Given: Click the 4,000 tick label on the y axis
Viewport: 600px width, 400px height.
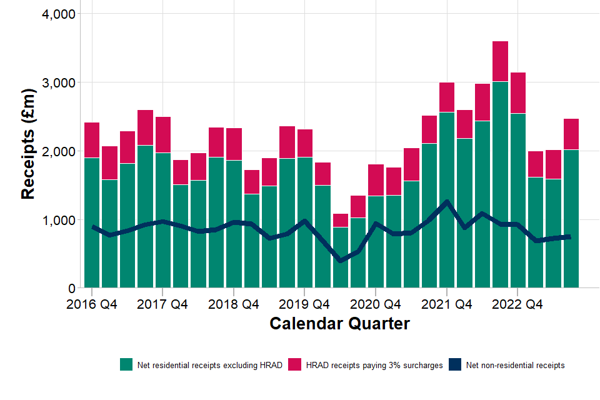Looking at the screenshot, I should pyautogui.click(x=57, y=14).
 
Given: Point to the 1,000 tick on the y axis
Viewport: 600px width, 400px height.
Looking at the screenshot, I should pyautogui.click(x=57, y=220).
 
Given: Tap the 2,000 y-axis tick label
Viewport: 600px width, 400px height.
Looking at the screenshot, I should pyautogui.click(x=57, y=151).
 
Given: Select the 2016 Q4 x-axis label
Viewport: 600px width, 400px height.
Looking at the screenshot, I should pyautogui.click(x=92, y=304).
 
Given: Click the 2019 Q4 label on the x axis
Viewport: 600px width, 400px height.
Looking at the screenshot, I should pyautogui.click(x=304, y=304).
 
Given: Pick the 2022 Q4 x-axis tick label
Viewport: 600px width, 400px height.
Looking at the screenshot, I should pyautogui.click(x=517, y=304).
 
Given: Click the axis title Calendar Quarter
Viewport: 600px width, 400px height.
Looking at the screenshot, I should pyautogui.click(x=339, y=324).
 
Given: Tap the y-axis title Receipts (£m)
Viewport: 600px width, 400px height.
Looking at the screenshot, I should pyautogui.click(x=28, y=144).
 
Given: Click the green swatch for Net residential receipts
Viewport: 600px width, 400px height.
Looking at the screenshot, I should pyautogui.click(x=126, y=365).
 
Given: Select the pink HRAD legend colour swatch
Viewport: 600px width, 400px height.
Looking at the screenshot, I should pyautogui.click(x=295, y=365).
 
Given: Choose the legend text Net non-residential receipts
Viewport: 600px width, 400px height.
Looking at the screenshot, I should pyautogui.click(x=515, y=365).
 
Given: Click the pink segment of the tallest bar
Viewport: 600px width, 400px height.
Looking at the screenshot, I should pyautogui.click(x=500, y=61).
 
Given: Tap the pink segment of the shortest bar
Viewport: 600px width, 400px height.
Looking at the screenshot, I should pyautogui.click(x=340, y=220).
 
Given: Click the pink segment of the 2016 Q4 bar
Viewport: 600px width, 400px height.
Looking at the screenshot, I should pyautogui.click(x=92, y=140).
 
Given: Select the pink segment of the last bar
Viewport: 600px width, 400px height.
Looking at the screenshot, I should pyautogui.click(x=571, y=134).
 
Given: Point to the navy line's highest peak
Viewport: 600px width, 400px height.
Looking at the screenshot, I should pyautogui.click(x=447, y=201).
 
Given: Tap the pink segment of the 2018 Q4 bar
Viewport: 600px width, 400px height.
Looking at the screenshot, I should pyautogui.click(x=234, y=144).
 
